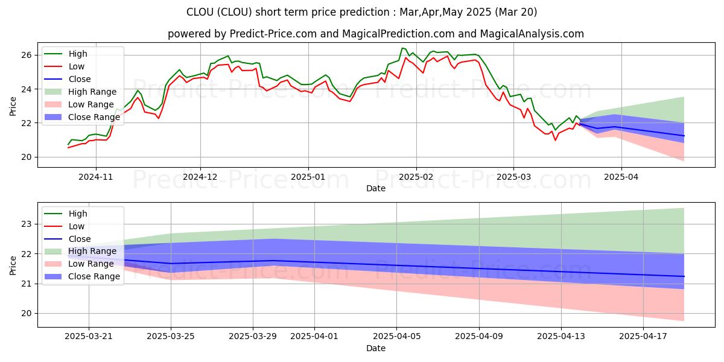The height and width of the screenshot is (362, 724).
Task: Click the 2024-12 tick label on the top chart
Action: pyautogui.click(x=200, y=177)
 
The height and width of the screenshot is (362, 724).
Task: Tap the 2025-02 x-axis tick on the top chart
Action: pyautogui.click(x=416, y=177)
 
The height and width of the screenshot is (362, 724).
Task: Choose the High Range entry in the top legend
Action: pyautogui.click(x=92, y=92)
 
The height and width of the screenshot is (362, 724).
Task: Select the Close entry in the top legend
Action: pyautogui.click(x=80, y=79)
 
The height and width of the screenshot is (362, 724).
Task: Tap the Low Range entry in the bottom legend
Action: pyautogui.click(x=91, y=264)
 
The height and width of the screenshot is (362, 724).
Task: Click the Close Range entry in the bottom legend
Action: pyautogui.click(x=94, y=276)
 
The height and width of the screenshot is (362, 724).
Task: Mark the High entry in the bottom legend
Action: pyautogui.click(x=78, y=214)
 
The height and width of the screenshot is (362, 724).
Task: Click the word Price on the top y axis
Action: pyautogui.click(x=13, y=106)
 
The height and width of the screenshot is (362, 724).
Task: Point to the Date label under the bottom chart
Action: pyautogui.click(x=376, y=348)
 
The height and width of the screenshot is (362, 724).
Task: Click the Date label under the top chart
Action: pyautogui.click(x=376, y=188)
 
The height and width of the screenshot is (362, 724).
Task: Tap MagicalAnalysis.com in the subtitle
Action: pyautogui.click(x=537, y=34)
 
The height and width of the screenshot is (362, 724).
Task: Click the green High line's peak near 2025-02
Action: pyautogui.click(x=402, y=48)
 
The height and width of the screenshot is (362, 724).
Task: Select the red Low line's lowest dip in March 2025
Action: pyautogui.click(x=555, y=140)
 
